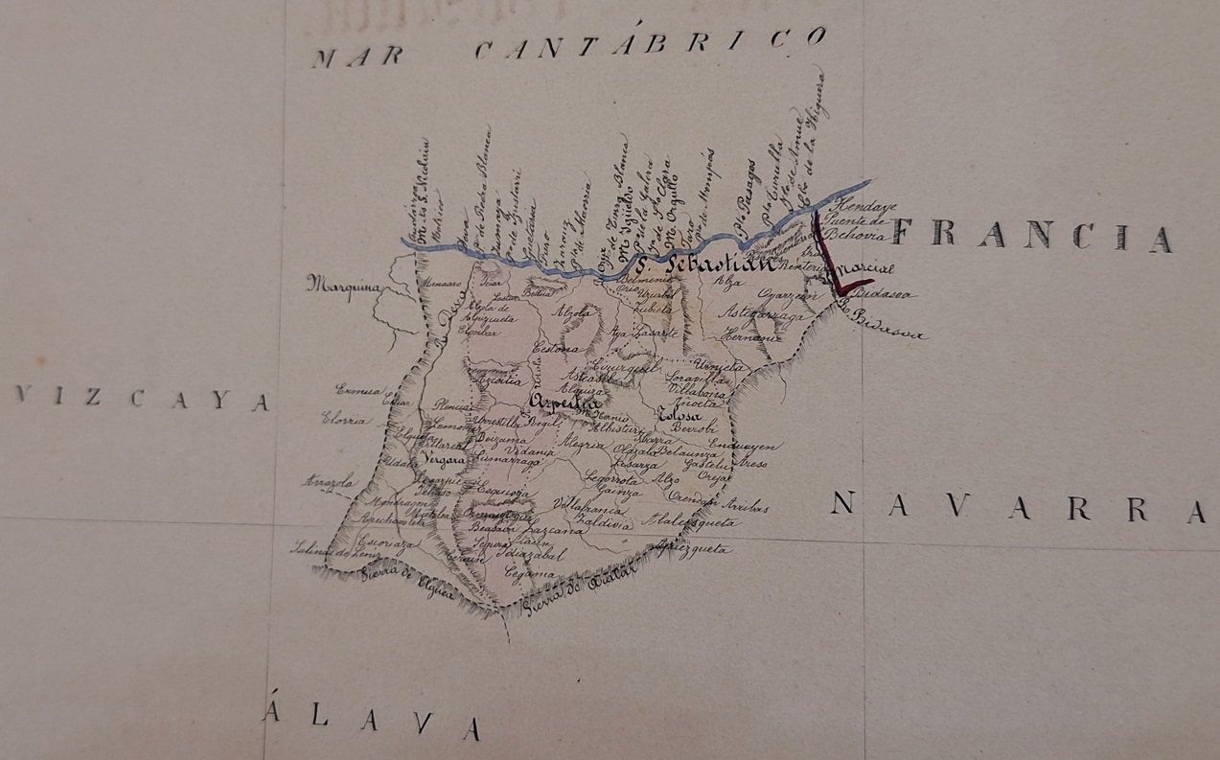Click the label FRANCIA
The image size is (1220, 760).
[1031, 235]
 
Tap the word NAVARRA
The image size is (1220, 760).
[1016, 507]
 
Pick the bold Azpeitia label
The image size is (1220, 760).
[564, 403]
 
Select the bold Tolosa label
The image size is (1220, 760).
[679, 416]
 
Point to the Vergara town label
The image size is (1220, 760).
[441, 459]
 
